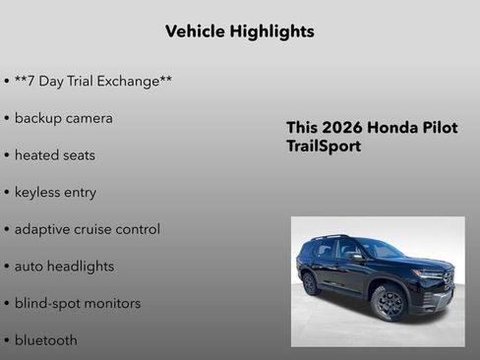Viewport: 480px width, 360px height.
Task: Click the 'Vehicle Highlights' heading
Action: [240, 31]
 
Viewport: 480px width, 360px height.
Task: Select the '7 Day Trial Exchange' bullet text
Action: [93, 81]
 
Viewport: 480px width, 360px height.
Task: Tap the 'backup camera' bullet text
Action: [63, 118]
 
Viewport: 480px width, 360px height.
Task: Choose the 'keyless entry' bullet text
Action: [55, 193]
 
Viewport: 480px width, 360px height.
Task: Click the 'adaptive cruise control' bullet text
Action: [87, 229]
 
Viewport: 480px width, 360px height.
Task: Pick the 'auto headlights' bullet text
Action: [64, 267]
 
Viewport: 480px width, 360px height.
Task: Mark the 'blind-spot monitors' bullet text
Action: [77, 303]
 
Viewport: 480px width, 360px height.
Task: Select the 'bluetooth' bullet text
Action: [45, 340]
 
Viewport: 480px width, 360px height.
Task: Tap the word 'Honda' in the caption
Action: [393, 128]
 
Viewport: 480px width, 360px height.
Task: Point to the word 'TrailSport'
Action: [324, 147]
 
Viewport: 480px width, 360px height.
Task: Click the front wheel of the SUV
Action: [388, 303]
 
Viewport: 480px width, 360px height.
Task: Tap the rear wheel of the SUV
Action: [311, 283]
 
